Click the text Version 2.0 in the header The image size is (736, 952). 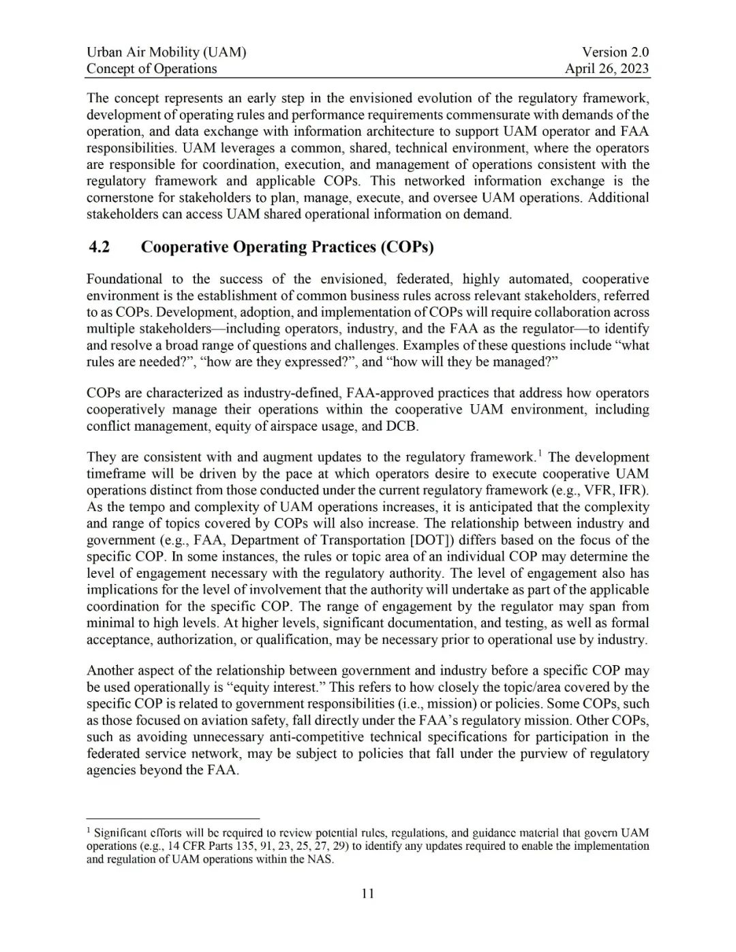pyautogui.click(x=615, y=52)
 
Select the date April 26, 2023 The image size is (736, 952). pyautogui.click(x=607, y=68)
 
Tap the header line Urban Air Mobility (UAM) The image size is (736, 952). pyautogui.click(x=166, y=52)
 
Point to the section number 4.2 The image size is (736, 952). pyautogui.click(x=99, y=247)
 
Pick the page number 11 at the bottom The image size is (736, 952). pyautogui.click(x=368, y=893)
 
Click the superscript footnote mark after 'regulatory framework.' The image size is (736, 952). pyautogui.click(x=540, y=453)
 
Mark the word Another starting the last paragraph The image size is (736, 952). pyautogui.click(x=111, y=671)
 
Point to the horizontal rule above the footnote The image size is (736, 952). pyautogui.click(x=173, y=818)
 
